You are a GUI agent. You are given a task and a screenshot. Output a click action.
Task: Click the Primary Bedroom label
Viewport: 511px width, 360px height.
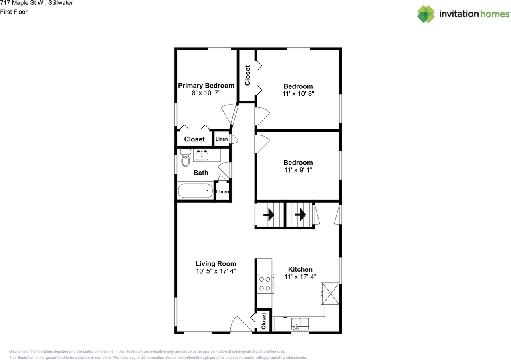point(206,86)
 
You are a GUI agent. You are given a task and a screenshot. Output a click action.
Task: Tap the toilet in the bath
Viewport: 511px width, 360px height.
point(186,158)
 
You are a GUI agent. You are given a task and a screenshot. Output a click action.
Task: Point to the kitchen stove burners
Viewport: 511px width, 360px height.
point(265,283)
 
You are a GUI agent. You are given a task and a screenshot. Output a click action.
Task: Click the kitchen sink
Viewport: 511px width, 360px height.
point(299,324)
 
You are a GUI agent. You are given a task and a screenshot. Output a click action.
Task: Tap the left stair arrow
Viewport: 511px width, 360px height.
point(270,215)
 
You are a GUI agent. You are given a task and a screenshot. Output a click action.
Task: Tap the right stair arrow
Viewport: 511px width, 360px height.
point(300,215)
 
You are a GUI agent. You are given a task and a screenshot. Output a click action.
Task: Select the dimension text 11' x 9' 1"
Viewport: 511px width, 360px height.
point(298,170)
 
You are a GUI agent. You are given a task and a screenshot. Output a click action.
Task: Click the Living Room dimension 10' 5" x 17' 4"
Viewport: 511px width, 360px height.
point(216,271)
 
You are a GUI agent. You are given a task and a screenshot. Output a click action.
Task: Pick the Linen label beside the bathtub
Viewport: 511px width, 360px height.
point(222,192)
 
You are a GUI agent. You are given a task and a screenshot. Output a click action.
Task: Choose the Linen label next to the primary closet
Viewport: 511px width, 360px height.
point(222,139)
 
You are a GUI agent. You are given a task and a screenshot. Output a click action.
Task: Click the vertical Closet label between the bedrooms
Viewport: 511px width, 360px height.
point(247,75)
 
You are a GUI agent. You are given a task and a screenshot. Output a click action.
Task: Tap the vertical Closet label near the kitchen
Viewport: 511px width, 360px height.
point(264,321)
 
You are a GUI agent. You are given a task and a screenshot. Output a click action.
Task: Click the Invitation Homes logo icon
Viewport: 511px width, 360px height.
point(426,14)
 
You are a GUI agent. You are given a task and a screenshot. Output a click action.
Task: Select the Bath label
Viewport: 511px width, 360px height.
point(201,173)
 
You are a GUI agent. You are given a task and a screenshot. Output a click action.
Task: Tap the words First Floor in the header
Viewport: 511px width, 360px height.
point(14,12)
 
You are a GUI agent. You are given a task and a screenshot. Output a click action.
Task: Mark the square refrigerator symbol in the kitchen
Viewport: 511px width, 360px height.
point(331,294)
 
